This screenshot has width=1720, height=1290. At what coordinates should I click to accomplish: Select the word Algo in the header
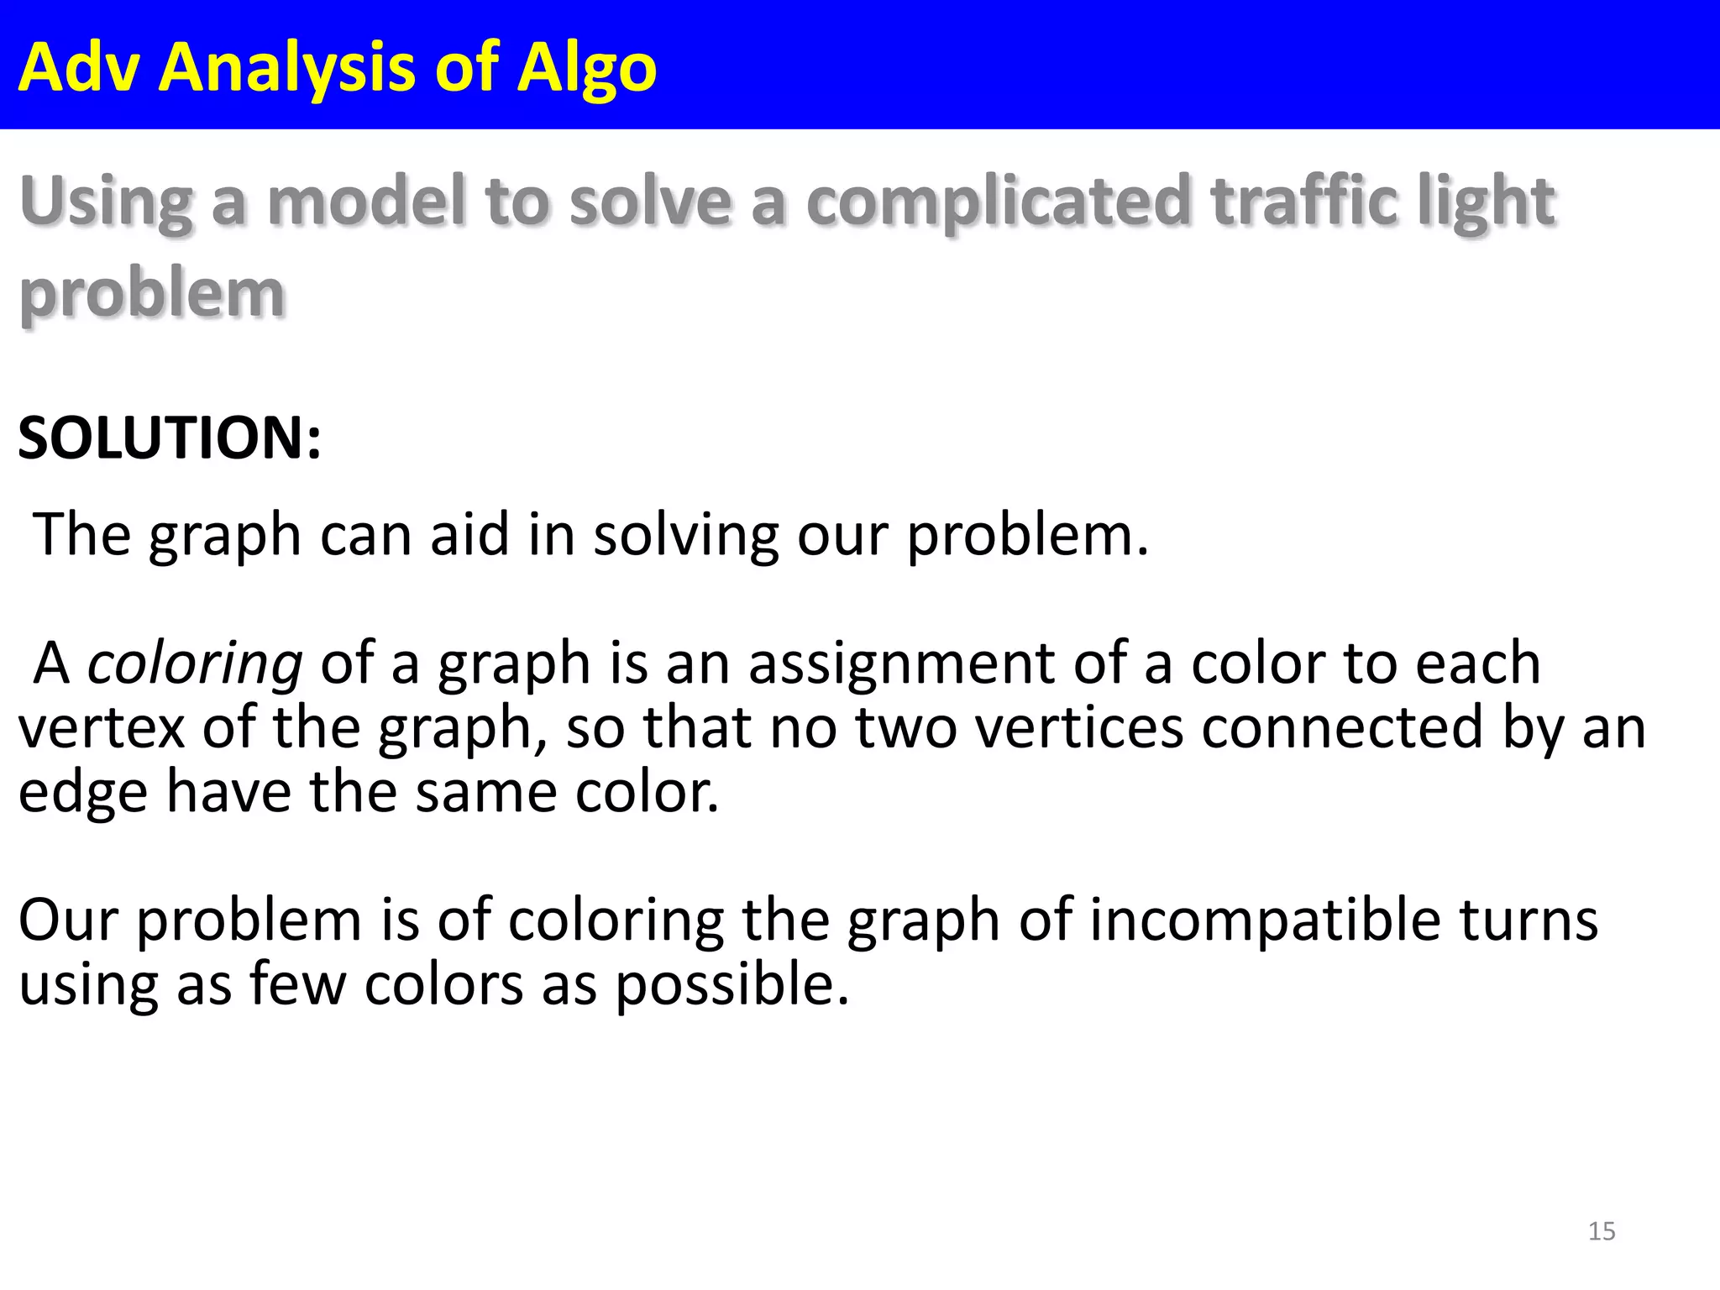pos(586,67)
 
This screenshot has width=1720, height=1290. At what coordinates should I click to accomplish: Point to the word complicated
pos(998,202)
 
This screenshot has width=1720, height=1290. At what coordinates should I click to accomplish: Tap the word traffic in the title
pos(1303,202)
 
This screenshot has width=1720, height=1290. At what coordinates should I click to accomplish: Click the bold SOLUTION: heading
pos(169,438)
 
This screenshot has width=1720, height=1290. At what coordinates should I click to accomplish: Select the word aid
pos(469,535)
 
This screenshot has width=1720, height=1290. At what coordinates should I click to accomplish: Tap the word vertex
pos(101,727)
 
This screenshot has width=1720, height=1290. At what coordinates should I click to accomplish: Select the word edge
pos(82,792)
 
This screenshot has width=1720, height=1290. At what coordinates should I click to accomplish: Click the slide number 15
pos(1602,1231)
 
